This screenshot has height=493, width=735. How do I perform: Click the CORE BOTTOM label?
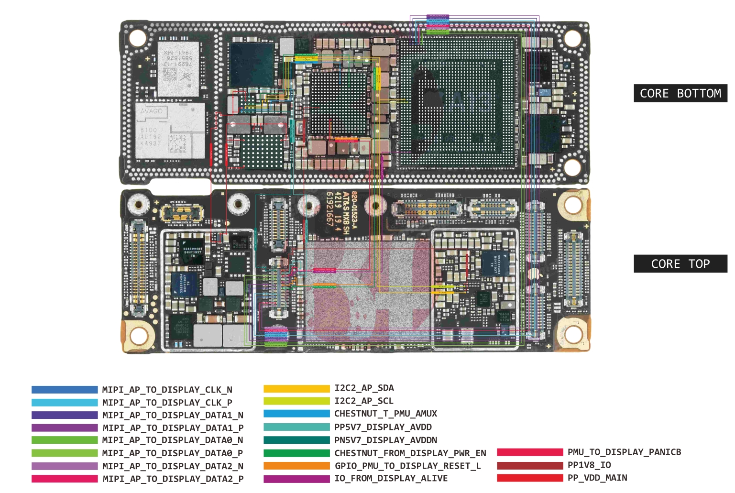point(680,93)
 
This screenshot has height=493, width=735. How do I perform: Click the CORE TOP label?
point(680,264)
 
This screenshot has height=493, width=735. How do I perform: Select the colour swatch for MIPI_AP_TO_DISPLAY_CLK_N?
point(65,390)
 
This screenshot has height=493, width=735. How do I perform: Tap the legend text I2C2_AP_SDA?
point(364,388)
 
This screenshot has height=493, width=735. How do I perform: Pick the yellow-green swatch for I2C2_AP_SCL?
point(296,401)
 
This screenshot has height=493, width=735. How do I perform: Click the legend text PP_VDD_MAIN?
point(597,478)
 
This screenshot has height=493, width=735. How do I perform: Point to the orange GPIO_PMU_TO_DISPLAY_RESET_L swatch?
point(296,466)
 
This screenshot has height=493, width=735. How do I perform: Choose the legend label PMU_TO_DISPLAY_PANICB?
point(624,452)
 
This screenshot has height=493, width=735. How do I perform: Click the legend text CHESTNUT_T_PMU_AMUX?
point(385,414)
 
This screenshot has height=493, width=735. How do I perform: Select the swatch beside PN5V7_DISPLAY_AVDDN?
point(296,440)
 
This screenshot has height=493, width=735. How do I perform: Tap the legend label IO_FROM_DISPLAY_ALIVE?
point(391,478)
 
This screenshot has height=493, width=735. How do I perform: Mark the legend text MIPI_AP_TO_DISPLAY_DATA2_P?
point(173,479)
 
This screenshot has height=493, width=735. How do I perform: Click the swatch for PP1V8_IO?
point(530,465)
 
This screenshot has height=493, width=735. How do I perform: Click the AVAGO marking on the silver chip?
point(152,111)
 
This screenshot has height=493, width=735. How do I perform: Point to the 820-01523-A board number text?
point(355,210)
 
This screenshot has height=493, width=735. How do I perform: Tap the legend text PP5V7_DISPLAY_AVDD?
point(383,427)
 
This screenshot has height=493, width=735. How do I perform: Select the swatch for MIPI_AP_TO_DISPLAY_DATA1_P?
point(65,428)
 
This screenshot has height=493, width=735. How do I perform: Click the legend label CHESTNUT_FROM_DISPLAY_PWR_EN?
point(410,453)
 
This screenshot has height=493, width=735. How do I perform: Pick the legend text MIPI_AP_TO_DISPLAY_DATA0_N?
point(173,440)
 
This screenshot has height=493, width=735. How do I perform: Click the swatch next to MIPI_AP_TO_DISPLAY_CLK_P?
point(65,403)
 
